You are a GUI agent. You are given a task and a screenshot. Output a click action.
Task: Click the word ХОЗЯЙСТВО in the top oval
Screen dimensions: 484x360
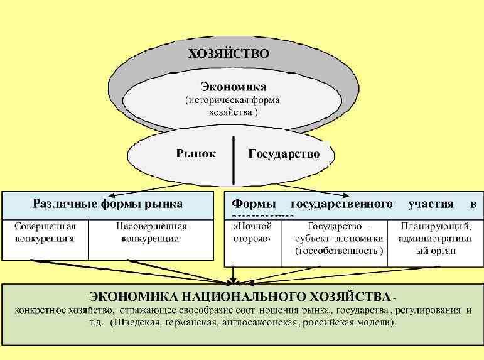(x=229, y=53)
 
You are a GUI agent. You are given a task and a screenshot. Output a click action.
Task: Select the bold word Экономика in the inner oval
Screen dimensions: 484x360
(x=233, y=86)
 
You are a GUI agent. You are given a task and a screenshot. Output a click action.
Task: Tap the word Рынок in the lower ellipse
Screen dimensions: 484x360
(x=196, y=153)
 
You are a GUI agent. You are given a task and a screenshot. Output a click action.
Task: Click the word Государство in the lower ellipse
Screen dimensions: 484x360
(x=284, y=153)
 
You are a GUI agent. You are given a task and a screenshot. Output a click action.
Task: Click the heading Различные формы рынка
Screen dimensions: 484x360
(x=107, y=204)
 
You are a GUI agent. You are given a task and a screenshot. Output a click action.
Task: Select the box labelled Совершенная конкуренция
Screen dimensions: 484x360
(x=46, y=232)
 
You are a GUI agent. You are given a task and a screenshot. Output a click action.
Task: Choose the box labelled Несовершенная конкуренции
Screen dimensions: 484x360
(x=151, y=232)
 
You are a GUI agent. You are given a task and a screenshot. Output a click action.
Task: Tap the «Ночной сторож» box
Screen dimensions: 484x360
(x=252, y=232)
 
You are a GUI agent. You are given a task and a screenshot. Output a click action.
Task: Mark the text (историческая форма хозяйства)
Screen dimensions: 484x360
(x=232, y=106)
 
